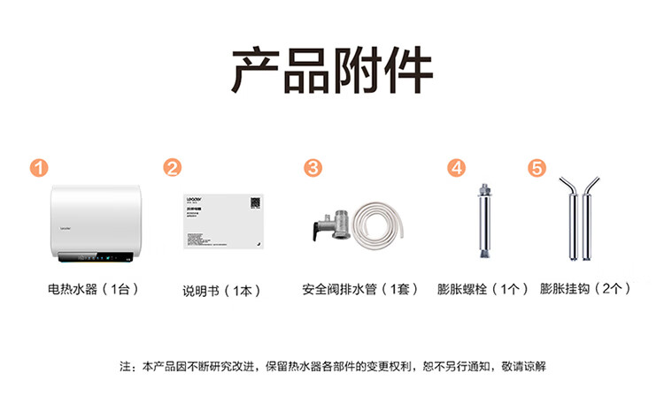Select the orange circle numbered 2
(x=174, y=168)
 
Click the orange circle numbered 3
(x=313, y=168)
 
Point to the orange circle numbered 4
(x=456, y=168)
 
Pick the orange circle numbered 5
(x=537, y=168)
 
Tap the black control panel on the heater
(x=97, y=260)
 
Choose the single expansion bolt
(x=483, y=221)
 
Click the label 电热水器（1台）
(x=94, y=289)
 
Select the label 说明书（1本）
(x=221, y=290)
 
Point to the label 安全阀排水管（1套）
(x=360, y=290)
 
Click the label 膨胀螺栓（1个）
(x=483, y=289)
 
